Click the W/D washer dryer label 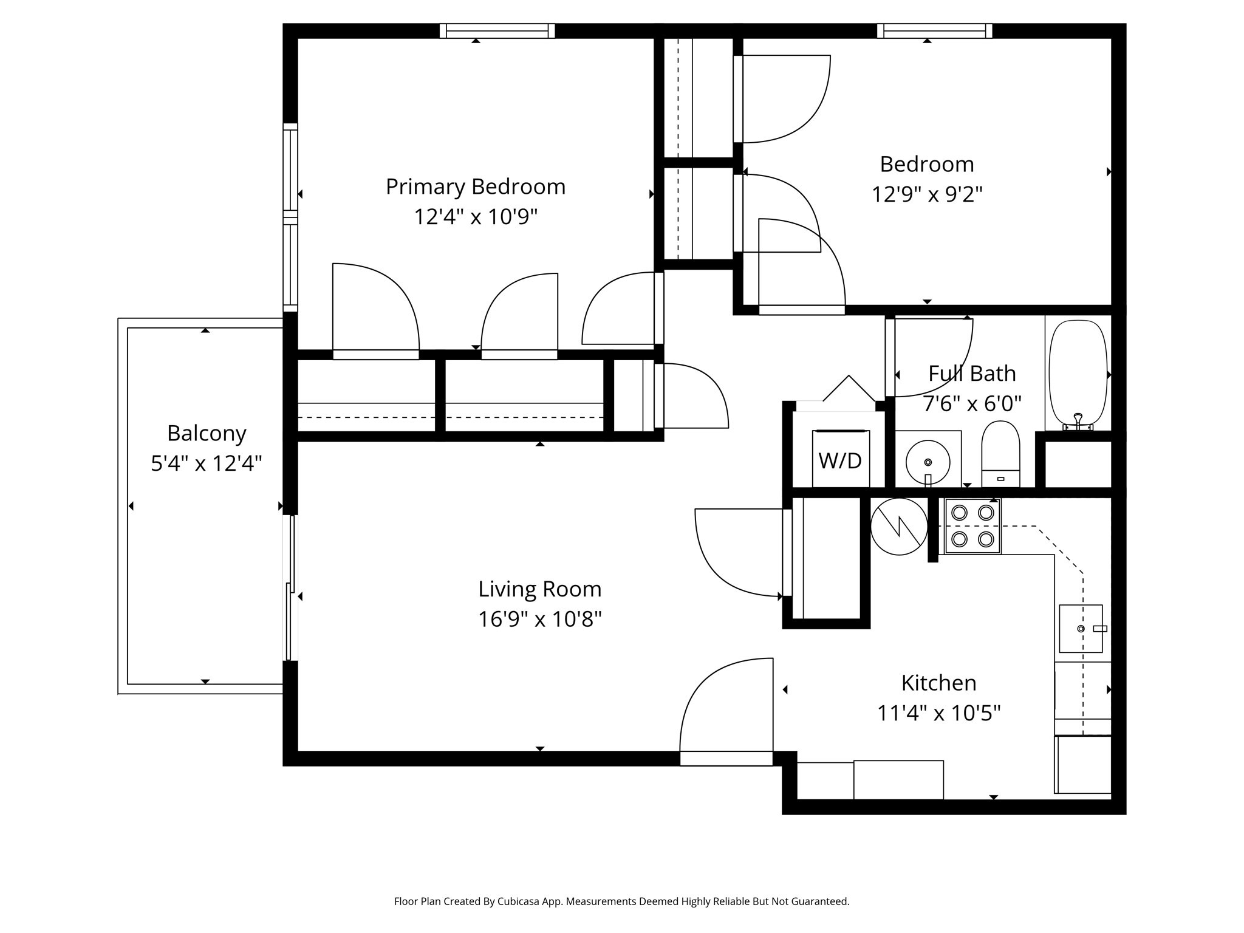(x=840, y=461)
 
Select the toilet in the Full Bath (x=1000, y=453)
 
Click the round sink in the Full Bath (x=928, y=462)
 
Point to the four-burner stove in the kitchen (x=972, y=526)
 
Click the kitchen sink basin (x=1080, y=628)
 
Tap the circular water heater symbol (x=899, y=527)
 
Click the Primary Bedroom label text (x=476, y=186)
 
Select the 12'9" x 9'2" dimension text (x=927, y=194)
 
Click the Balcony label (x=207, y=434)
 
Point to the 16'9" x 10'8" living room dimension (x=539, y=619)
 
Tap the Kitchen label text (x=938, y=683)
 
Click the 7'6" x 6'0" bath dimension (x=972, y=403)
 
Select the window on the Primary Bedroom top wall (x=497, y=30)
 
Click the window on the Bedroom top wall (x=934, y=30)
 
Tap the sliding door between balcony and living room (x=292, y=587)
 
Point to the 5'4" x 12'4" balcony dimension (x=207, y=464)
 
